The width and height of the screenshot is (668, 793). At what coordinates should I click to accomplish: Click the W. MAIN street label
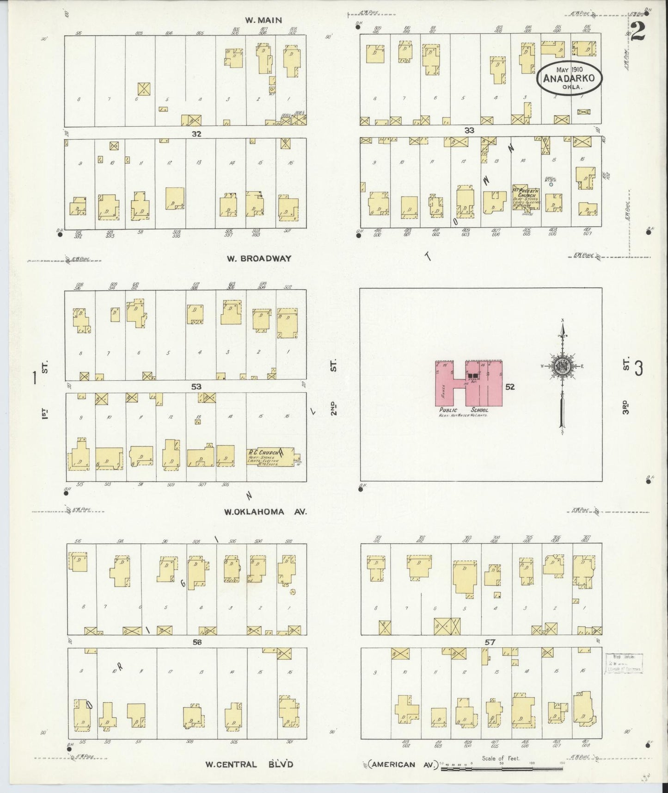click(x=264, y=20)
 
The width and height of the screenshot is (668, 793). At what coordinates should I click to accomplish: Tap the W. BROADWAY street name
click(x=259, y=259)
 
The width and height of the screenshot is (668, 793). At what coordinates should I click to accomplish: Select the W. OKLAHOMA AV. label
click(x=265, y=512)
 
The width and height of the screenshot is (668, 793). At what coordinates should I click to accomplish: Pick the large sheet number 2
click(x=639, y=31)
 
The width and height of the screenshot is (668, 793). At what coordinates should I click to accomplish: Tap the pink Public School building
click(x=468, y=383)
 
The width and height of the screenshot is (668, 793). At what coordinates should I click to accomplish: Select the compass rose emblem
click(x=562, y=365)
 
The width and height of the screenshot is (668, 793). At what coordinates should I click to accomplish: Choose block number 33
click(x=470, y=130)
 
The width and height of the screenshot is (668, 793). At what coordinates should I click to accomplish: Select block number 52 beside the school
click(x=509, y=387)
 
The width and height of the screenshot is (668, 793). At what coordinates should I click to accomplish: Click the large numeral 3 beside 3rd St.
click(x=639, y=369)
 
